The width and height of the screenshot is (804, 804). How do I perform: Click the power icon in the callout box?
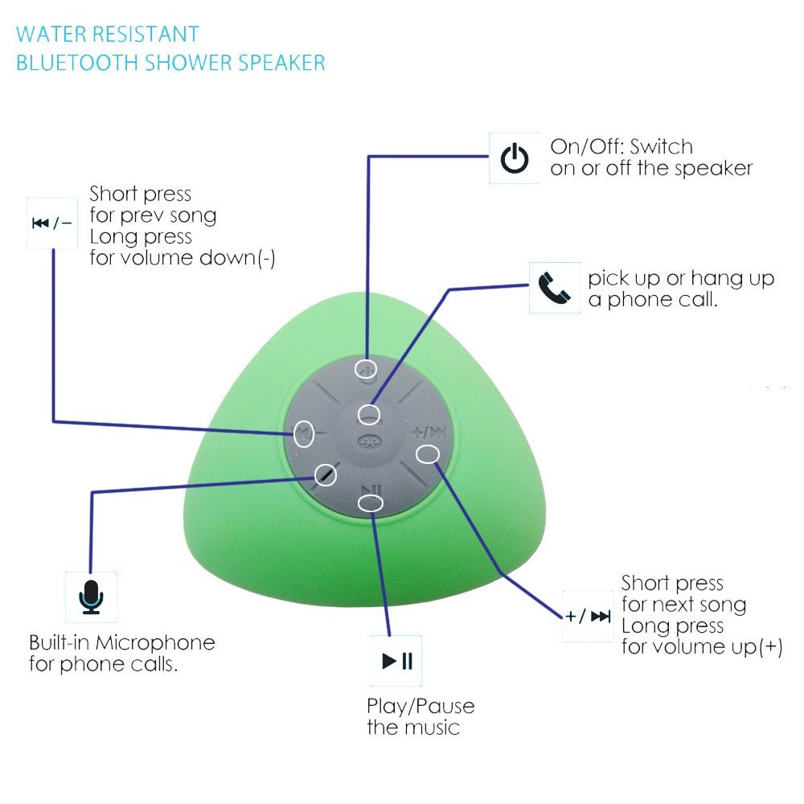(x=515, y=159)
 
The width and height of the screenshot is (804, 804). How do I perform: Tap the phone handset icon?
(x=554, y=287)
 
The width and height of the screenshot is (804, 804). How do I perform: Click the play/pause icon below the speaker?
(x=396, y=662)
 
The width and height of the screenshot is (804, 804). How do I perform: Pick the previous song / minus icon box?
(x=51, y=223)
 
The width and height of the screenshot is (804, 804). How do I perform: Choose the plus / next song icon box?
(x=588, y=617)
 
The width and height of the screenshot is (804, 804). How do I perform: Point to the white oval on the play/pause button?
(x=370, y=503)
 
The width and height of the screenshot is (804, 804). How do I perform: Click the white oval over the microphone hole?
(x=325, y=474)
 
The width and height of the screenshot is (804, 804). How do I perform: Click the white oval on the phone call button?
(x=368, y=415)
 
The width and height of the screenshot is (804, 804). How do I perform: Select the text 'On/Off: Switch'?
(x=621, y=146)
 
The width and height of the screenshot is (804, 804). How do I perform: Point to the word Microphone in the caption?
(x=155, y=642)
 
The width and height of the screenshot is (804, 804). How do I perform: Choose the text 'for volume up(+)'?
(x=701, y=647)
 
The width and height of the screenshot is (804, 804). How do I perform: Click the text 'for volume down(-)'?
(x=183, y=258)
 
